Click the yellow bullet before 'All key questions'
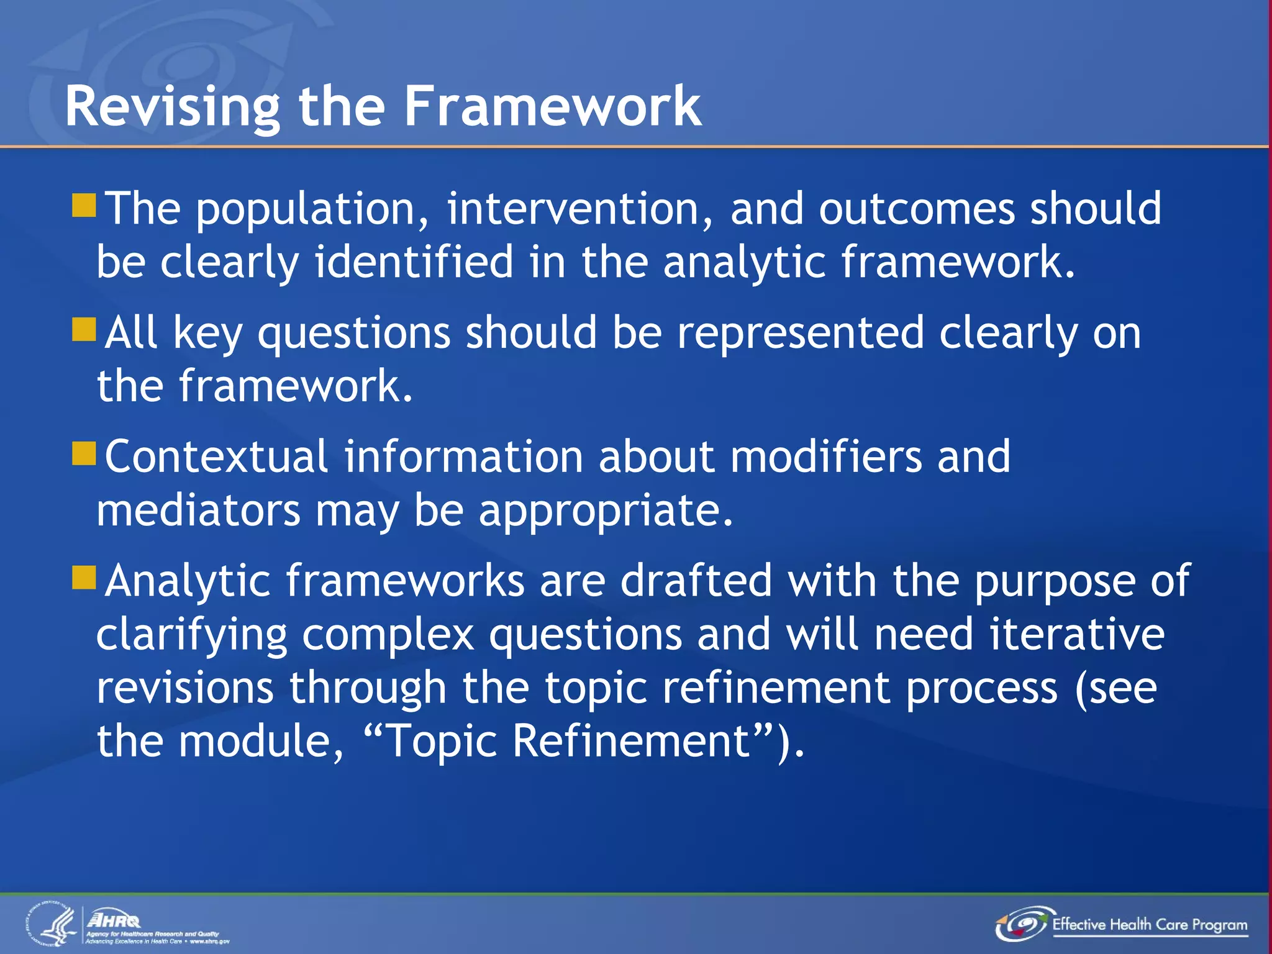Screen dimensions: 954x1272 (84, 330)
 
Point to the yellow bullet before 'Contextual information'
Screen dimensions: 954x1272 (84, 453)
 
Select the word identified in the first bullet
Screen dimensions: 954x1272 (414, 262)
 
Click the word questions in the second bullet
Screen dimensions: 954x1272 (353, 334)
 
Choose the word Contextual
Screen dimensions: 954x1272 (216, 457)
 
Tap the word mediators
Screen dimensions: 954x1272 (198, 511)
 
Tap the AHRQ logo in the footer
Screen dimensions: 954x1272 (114, 920)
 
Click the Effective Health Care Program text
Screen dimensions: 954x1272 (1149, 925)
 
